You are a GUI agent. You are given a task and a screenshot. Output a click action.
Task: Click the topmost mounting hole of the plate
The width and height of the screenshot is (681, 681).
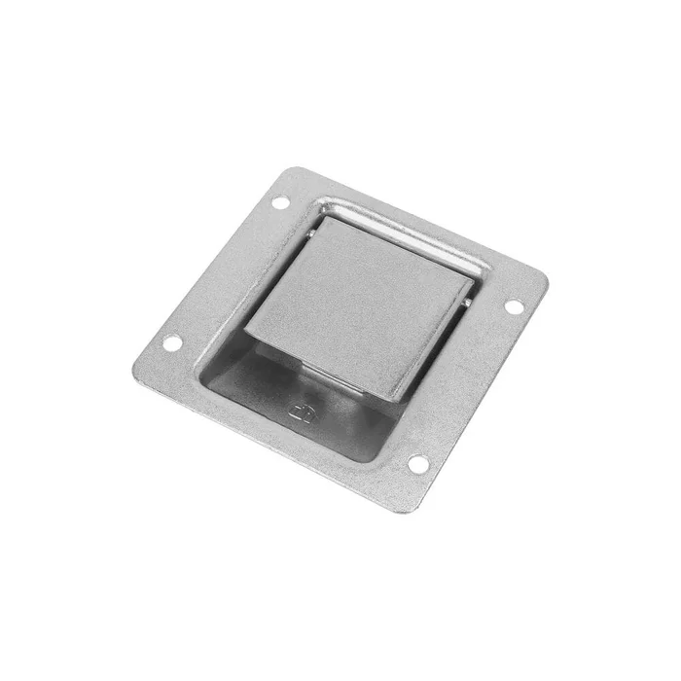click(x=279, y=203)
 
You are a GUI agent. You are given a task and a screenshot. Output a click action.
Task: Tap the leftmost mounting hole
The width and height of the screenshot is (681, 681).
click(x=171, y=342)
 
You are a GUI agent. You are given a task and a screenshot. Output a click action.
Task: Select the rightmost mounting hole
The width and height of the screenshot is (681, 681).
click(x=513, y=306)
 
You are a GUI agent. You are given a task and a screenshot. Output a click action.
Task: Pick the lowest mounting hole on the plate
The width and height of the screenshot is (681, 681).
click(x=417, y=463)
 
